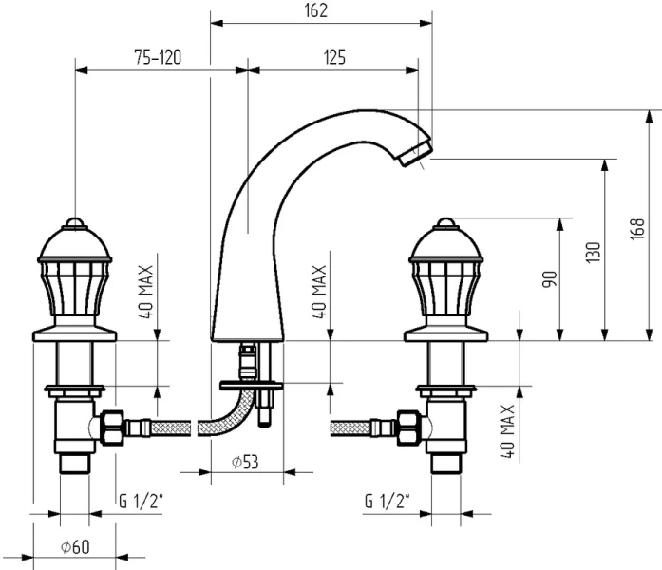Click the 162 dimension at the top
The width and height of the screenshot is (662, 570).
coord(317,10)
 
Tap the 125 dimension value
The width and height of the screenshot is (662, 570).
coord(333,58)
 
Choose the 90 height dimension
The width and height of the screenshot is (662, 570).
coord(550,279)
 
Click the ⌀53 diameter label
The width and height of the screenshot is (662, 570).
coord(245,462)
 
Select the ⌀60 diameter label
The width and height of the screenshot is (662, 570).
coord(73,546)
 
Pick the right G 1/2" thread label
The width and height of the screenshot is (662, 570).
coord(388,501)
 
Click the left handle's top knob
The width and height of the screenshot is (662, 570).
coord(75,225)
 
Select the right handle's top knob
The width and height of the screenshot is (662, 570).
coord(445,225)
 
